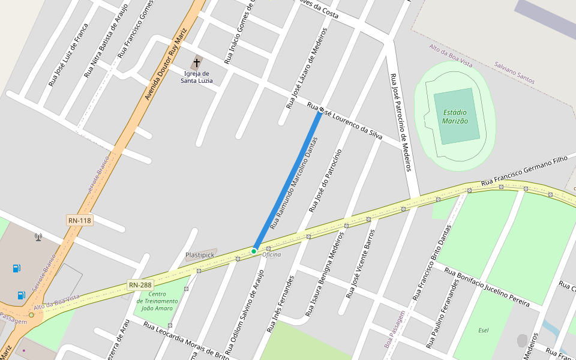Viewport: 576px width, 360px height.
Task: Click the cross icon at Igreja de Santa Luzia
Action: coord(197,62)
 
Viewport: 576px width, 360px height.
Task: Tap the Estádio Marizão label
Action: coord(455,116)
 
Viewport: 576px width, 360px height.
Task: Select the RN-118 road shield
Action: coord(79,221)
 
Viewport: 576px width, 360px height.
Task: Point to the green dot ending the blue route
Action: coord(254,251)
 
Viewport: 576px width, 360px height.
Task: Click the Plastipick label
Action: coord(200,255)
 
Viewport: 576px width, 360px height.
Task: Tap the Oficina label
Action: coord(271,254)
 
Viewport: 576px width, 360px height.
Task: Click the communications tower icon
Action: coord(38,236)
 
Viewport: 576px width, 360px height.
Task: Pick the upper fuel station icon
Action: coord(17,268)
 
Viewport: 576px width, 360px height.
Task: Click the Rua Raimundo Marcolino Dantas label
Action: coord(293,183)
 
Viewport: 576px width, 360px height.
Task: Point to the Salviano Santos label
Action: coord(514,72)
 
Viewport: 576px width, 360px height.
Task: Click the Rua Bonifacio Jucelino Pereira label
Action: coord(487,286)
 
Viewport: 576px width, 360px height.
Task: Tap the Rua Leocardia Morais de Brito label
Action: coord(185,340)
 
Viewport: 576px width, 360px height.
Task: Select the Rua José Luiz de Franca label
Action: coord(68,55)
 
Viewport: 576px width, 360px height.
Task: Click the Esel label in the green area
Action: coord(484,330)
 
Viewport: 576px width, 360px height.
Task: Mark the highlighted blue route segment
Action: coord(287,181)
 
